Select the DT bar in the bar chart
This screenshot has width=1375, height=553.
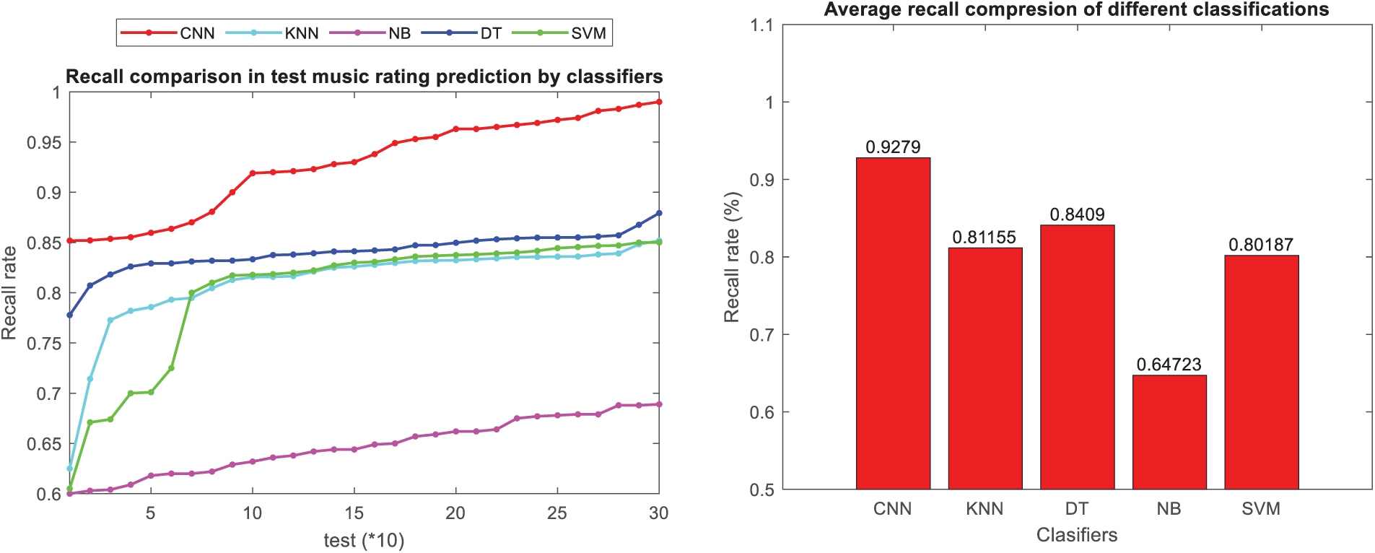[x=1077, y=357]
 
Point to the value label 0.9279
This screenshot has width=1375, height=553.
[x=893, y=147]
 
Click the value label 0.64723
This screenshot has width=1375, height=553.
[x=1169, y=365]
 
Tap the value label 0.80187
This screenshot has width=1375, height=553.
[x=1261, y=245]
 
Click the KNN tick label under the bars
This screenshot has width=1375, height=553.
[x=985, y=509]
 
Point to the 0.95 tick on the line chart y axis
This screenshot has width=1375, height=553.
[x=44, y=143]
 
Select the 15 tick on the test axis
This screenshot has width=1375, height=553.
[x=354, y=513]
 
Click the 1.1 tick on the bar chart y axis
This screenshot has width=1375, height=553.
[x=761, y=26]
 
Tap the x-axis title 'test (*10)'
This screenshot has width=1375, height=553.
[x=364, y=541]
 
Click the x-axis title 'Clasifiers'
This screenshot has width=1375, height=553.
[x=1077, y=535]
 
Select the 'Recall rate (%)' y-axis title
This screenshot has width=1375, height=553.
[x=732, y=257]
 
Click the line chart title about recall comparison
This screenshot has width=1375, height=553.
[x=364, y=77]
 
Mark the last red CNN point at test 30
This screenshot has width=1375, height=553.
[x=658, y=102]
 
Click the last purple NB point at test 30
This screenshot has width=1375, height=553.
[x=658, y=404]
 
